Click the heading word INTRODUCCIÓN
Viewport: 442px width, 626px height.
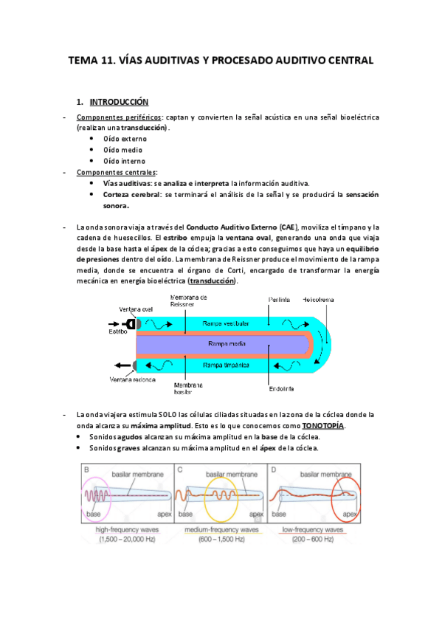tap(119, 102)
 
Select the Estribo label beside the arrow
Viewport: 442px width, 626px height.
tap(108, 332)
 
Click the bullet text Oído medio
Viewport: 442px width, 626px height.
tap(125, 150)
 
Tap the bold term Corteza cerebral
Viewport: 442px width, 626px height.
tap(131, 195)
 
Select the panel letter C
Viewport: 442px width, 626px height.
tap(180, 468)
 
